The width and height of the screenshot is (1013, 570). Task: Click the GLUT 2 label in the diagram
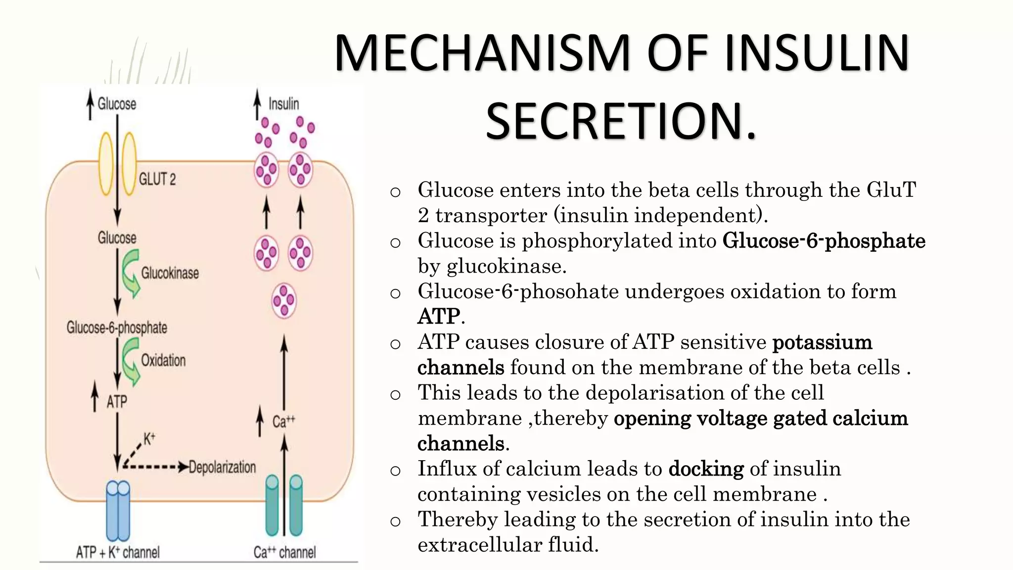[157, 179]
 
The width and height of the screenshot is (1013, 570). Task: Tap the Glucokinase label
[170, 273]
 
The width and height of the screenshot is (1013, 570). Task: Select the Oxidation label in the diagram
[163, 360]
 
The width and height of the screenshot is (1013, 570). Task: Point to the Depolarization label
[222, 467]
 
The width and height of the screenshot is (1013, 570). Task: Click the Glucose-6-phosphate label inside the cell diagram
[117, 328]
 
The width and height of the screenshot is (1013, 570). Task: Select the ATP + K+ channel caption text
[118, 552]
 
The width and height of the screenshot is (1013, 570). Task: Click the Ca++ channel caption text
[284, 552]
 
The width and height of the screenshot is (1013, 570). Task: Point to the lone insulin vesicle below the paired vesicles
[284, 300]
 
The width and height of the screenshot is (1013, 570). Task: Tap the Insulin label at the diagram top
[283, 104]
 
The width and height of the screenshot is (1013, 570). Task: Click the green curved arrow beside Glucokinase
[131, 273]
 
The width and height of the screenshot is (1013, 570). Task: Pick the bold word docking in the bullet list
[706, 469]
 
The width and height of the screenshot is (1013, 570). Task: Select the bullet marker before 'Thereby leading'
[395, 521]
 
